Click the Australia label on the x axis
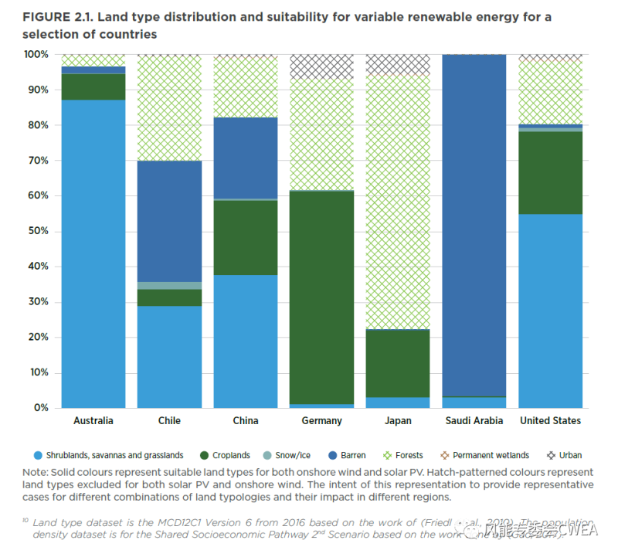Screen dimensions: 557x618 (93, 421)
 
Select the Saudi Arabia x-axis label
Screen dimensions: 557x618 (474, 421)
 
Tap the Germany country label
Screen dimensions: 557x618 (322, 421)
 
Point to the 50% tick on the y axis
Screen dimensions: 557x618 (36, 231)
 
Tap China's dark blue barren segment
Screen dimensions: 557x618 (246, 158)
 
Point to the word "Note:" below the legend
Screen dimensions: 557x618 (37, 472)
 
